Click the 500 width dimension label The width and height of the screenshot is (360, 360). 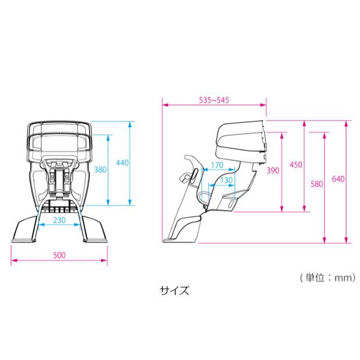(x=59, y=255)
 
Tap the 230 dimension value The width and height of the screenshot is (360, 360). (x=59, y=220)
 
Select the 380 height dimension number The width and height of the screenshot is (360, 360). (x=100, y=170)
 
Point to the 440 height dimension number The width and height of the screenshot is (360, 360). (x=122, y=163)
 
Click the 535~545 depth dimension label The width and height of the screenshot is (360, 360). (x=214, y=100)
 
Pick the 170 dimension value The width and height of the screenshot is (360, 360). (x=217, y=165)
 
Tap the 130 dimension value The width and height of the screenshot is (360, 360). (x=226, y=180)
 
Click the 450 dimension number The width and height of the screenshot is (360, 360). (x=296, y=165)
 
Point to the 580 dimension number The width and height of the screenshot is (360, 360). (x=316, y=184)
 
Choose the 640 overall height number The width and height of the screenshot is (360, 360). (x=339, y=179)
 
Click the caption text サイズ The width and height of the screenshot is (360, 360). (x=175, y=290)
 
